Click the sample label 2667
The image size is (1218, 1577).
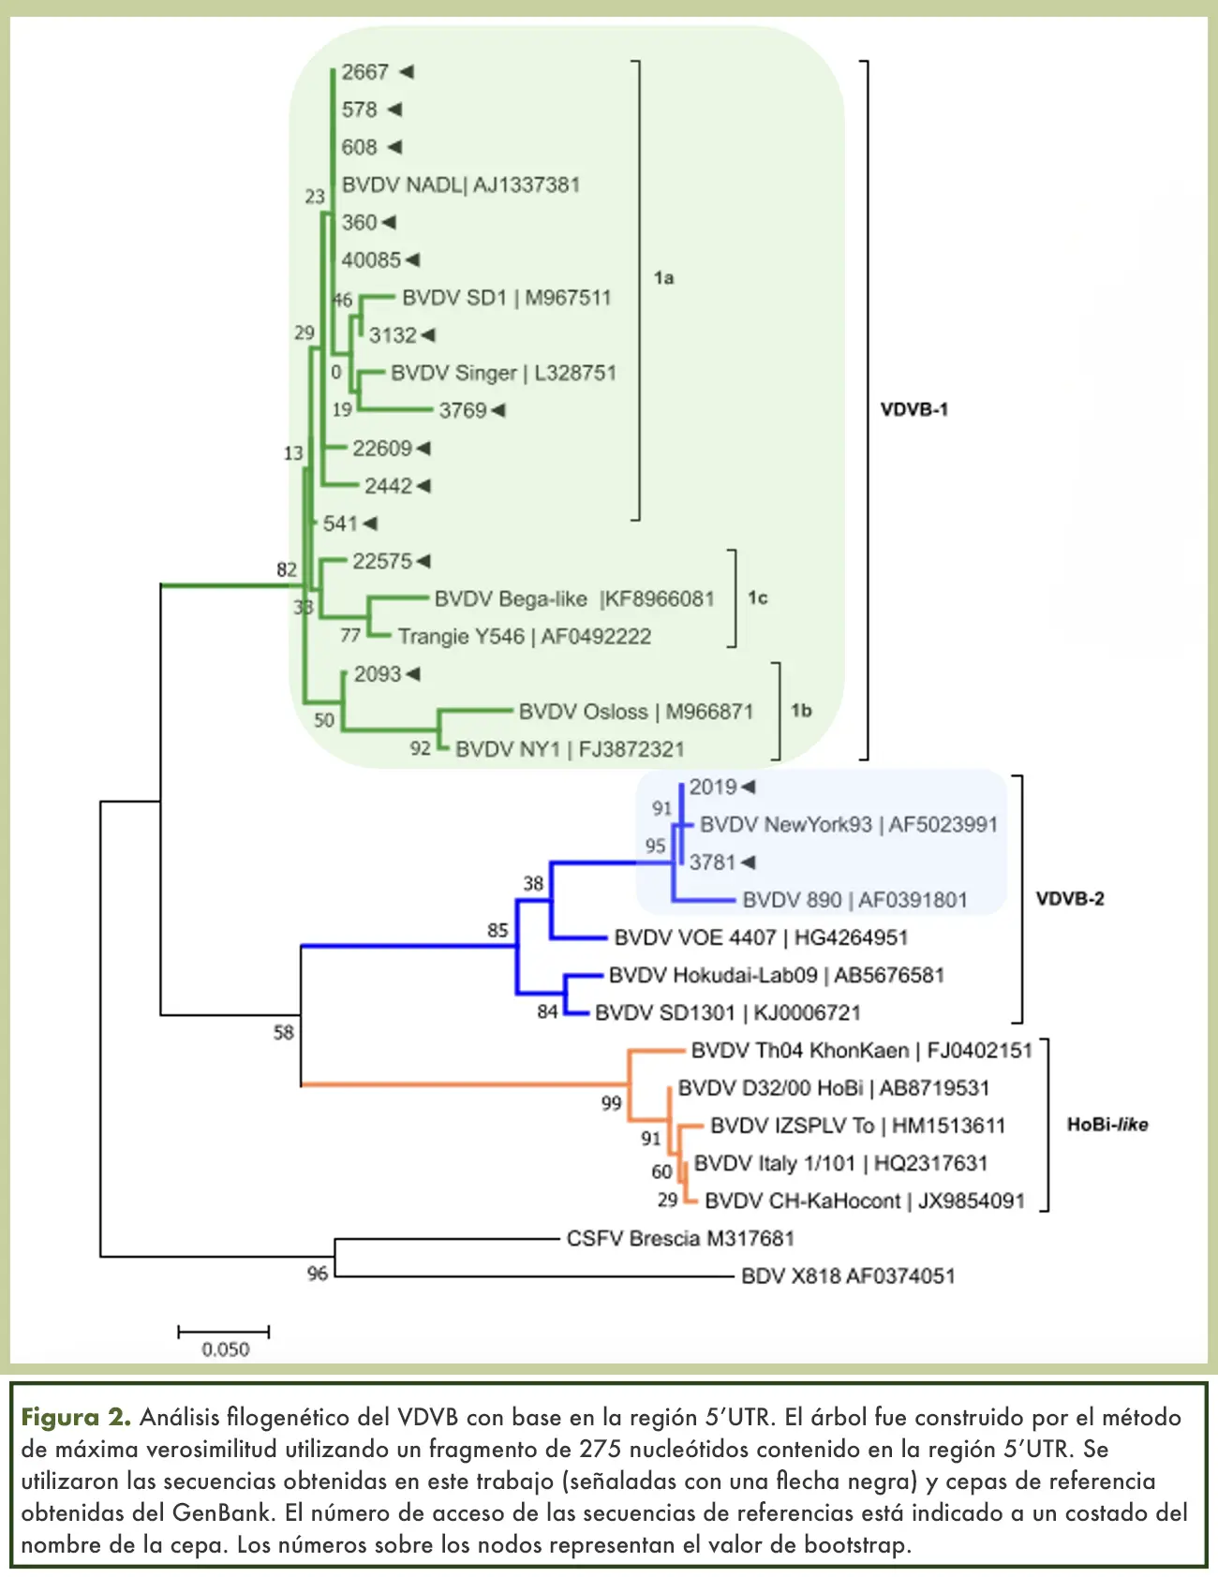pos(364,72)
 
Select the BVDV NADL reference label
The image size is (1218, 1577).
pos(460,184)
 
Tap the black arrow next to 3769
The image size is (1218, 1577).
pos(498,410)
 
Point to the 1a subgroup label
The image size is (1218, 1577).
pos(663,277)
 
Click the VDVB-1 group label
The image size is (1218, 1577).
pos(913,409)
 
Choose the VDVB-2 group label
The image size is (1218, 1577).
pos(1069,899)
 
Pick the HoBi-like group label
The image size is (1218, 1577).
pos(1107,1125)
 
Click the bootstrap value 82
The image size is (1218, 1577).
pos(286,569)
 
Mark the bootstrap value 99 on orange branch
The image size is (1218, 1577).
pos(611,1103)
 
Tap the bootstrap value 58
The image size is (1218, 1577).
pos(283,1032)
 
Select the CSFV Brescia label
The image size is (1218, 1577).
pos(679,1238)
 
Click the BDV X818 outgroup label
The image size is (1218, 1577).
pos(847,1275)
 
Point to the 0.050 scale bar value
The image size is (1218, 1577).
pos(225,1349)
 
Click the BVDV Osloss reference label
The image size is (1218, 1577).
pos(635,712)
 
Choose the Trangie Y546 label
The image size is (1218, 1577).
pos(524,637)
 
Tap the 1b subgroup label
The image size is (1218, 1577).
pos(801,710)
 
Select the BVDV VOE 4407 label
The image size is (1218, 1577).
pos(760,937)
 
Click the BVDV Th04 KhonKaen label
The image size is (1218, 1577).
pos(861,1051)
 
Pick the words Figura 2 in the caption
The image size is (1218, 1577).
pos(76,1417)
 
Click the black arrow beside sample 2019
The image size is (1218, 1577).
pos(748,787)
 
